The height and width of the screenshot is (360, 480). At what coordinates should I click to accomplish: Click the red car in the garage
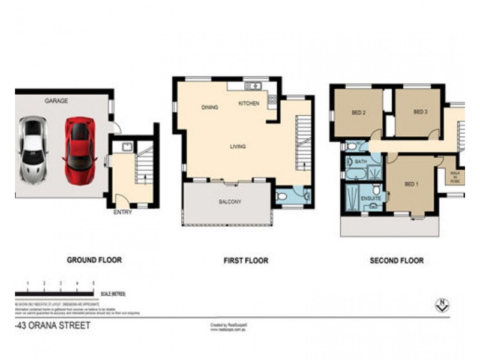tap(80, 144)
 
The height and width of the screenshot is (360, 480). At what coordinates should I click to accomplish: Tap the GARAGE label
tap(56, 101)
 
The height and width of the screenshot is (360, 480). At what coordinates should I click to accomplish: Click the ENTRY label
tap(122, 212)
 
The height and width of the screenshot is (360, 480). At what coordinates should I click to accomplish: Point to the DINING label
tap(209, 107)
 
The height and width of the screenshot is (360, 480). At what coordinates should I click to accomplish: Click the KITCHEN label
tap(249, 104)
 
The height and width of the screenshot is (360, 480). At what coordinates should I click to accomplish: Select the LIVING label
tap(238, 146)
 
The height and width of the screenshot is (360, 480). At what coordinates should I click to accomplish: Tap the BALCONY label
tap(230, 202)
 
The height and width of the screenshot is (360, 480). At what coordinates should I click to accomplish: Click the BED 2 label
tap(358, 112)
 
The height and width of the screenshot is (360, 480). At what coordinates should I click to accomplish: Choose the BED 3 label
tap(420, 112)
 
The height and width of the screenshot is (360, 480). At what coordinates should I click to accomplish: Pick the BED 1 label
tap(411, 184)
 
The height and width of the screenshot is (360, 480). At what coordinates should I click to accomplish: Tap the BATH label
tap(361, 162)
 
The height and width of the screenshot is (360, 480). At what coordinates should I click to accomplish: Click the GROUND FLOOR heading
tap(94, 260)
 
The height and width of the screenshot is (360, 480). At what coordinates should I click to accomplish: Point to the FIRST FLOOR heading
tap(245, 261)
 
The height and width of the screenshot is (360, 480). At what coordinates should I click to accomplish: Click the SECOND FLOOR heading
tap(397, 261)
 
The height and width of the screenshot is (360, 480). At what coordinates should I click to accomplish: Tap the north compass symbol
tap(442, 305)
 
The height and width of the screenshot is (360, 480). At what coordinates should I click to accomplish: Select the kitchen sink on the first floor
tap(254, 86)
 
